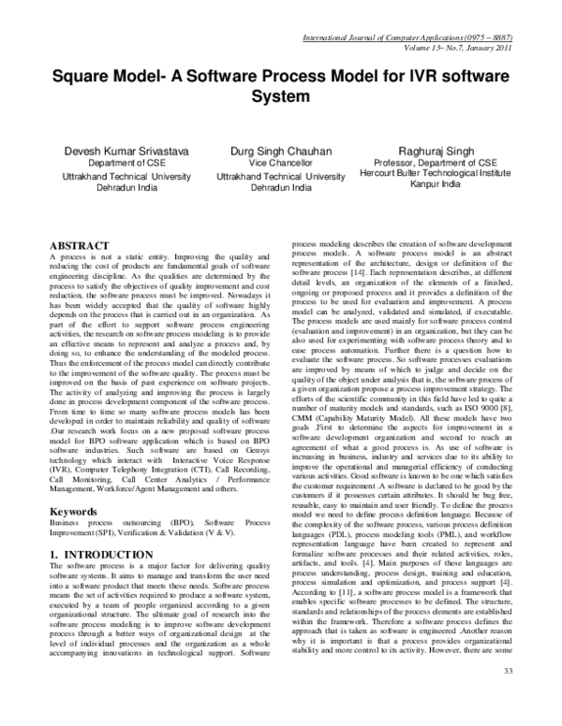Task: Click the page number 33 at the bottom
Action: tap(535, 698)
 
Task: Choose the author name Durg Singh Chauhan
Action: tap(280, 150)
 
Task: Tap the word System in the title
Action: tap(281, 96)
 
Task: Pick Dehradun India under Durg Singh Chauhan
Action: tap(280, 187)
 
